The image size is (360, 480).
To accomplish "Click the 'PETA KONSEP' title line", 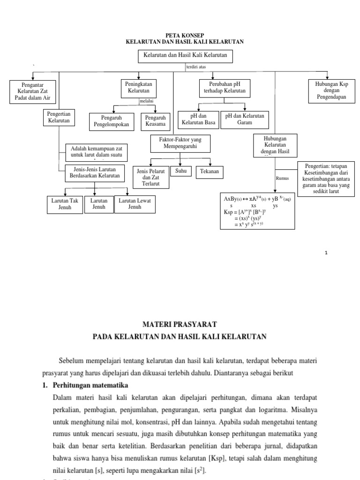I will tap(185, 36).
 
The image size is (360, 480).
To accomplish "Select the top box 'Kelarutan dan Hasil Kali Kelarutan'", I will tap(186, 55).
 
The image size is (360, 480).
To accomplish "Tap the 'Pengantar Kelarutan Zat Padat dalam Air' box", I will tap(33, 91).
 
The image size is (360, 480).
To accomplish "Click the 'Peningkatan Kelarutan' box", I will tap(139, 87).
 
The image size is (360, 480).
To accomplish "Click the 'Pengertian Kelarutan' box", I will tap(59, 117).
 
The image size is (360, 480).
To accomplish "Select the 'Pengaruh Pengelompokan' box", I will tap(112, 121).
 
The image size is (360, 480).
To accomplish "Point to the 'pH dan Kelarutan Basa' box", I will tap(198, 119).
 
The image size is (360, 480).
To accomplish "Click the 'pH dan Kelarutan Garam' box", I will tap(245, 119).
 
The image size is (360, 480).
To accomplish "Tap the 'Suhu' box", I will tap(181, 171).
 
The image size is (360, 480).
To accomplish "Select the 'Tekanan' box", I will tap(210, 172).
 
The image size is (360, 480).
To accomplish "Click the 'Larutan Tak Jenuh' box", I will tap(63, 204).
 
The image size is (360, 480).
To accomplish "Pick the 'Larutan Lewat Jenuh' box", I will tap(135, 204).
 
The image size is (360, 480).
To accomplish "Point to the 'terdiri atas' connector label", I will tap(197, 67).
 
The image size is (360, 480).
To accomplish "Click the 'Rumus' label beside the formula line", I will tap(282, 178).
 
